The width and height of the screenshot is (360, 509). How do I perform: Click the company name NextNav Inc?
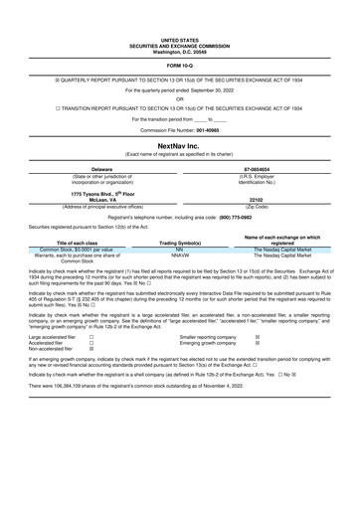pyautogui.click(x=179, y=145)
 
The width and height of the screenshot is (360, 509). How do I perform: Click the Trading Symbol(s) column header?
pyautogui.click(x=180, y=242)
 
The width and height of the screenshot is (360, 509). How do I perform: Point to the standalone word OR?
pyautogui.click(x=179, y=98)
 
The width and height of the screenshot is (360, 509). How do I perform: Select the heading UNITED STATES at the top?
pyautogui.click(x=179, y=39)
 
